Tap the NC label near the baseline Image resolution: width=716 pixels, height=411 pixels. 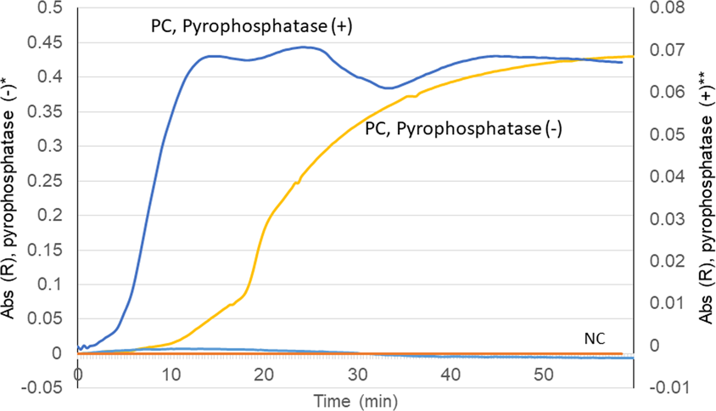tap(595, 336)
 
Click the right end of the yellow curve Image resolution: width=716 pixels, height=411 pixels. tap(633, 56)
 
